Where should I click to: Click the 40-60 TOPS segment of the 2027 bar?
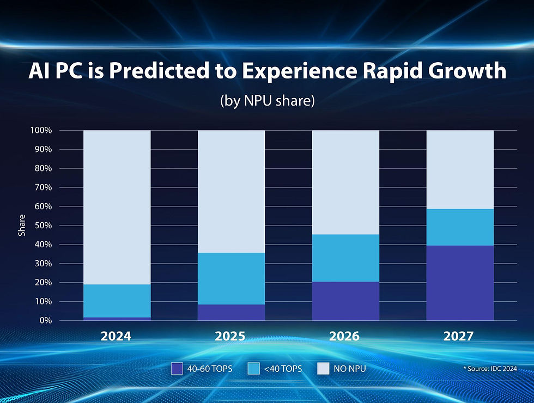point(460,283)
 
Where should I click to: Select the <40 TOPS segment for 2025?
point(231,278)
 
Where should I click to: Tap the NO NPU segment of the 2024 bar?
point(117,207)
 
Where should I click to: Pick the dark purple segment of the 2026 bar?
point(345,301)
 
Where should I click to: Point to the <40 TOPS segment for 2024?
point(117,301)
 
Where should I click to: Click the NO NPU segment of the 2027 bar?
point(460,169)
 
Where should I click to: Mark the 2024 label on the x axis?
point(116,336)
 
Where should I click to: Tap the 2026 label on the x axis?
point(344,336)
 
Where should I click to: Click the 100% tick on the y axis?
point(41,131)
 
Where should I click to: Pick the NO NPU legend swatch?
point(324,369)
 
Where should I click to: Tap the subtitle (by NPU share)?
point(267,101)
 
